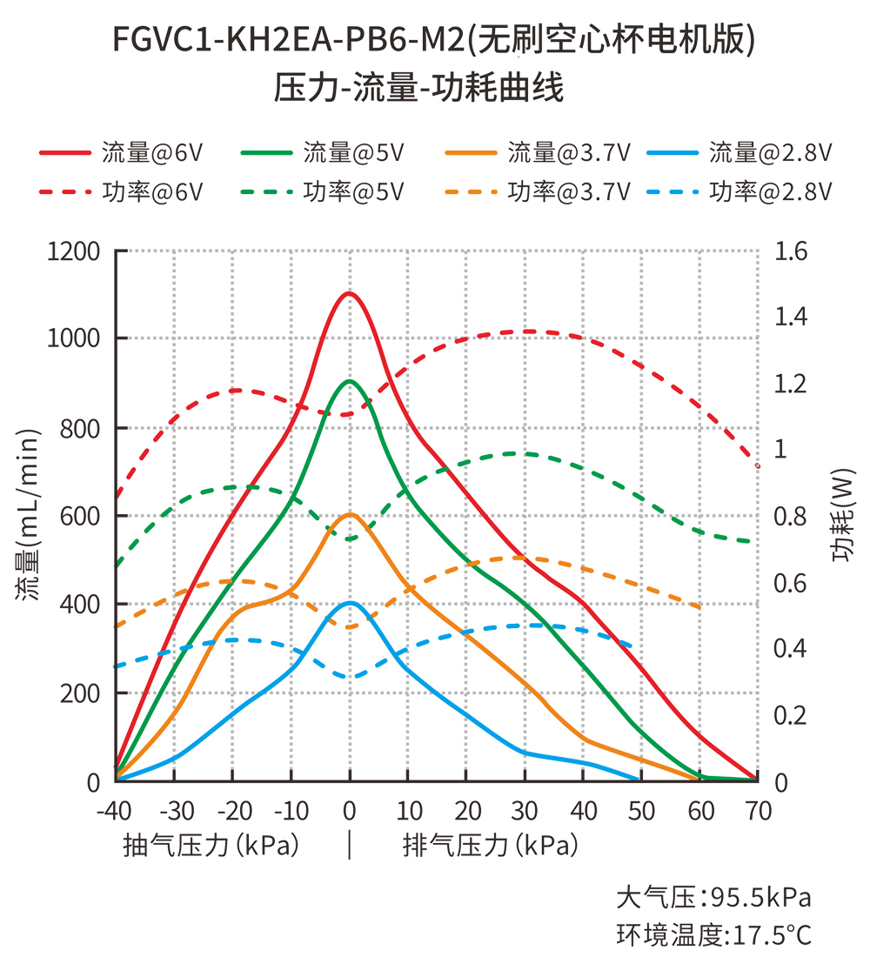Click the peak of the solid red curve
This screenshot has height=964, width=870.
click(349, 293)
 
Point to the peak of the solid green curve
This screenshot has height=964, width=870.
click(349, 381)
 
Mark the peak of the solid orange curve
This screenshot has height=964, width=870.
click(349, 514)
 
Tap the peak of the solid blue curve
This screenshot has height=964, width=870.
click(349, 603)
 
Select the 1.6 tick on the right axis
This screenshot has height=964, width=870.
click(791, 251)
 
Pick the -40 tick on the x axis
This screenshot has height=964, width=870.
click(115, 811)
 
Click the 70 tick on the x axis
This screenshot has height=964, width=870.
click(758, 811)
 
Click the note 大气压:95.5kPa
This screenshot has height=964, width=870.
click(713, 897)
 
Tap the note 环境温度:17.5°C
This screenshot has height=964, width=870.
click(713, 935)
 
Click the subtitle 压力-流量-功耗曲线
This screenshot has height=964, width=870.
click(419, 88)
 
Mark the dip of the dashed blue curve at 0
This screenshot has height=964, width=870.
click(350, 677)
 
